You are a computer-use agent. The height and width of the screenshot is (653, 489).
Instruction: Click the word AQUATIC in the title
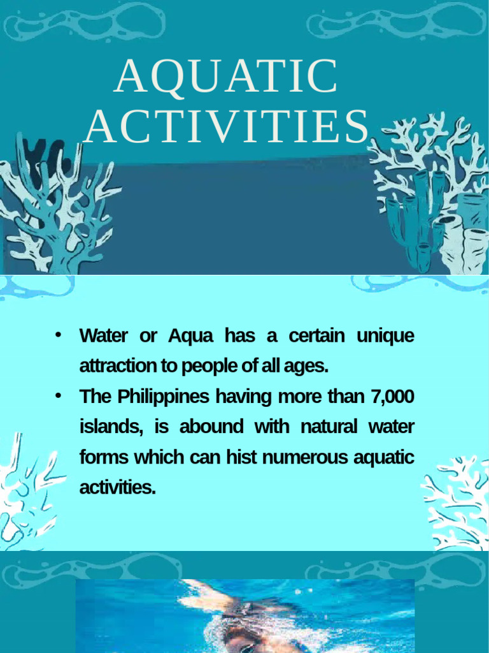[x=226, y=77]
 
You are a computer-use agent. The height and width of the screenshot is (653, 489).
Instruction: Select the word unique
[x=385, y=336]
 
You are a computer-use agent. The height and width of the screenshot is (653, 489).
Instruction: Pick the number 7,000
[x=392, y=397]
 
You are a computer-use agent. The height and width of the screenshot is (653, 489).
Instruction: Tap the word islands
[x=111, y=427]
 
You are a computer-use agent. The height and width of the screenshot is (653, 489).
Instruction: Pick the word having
[x=237, y=397]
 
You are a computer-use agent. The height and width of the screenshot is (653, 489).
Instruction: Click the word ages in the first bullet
[x=309, y=367]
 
